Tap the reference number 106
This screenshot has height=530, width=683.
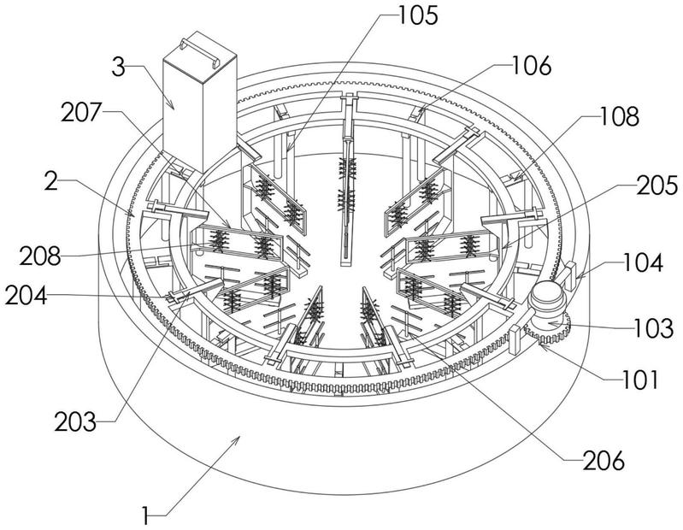(531, 66)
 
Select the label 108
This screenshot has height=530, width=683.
(620, 116)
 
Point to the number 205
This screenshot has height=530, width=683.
(657, 185)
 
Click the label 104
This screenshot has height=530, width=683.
(643, 262)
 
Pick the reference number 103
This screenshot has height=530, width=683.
(653, 328)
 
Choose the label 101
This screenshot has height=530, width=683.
(638, 379)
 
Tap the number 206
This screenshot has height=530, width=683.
(604, 459)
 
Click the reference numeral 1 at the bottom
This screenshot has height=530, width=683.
(146, 516)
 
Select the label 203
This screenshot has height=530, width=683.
(75, 421)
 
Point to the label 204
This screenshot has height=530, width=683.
(26, 297)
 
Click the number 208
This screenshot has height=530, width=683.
(39, 256)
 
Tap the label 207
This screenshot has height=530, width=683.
(81, 113)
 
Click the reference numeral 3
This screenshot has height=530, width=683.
(119, 68)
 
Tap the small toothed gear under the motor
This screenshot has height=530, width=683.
(548, 330)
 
